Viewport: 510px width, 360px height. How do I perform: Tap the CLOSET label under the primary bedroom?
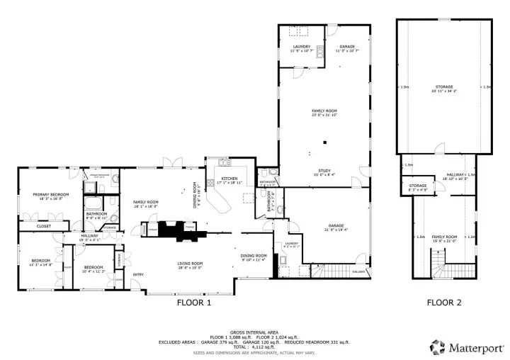(44, 226)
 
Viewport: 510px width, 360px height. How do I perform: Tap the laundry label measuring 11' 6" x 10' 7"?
(301, 46)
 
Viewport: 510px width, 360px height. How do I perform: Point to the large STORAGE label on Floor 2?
(445, 87)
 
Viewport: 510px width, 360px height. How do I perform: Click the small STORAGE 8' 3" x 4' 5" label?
(418, 186)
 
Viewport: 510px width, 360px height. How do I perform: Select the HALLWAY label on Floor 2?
(454, 174)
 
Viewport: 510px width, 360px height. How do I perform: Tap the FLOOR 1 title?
(193, 303)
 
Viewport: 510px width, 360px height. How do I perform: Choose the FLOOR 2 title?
(444, 303)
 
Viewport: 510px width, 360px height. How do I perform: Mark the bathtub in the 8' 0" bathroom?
(93, 189)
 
